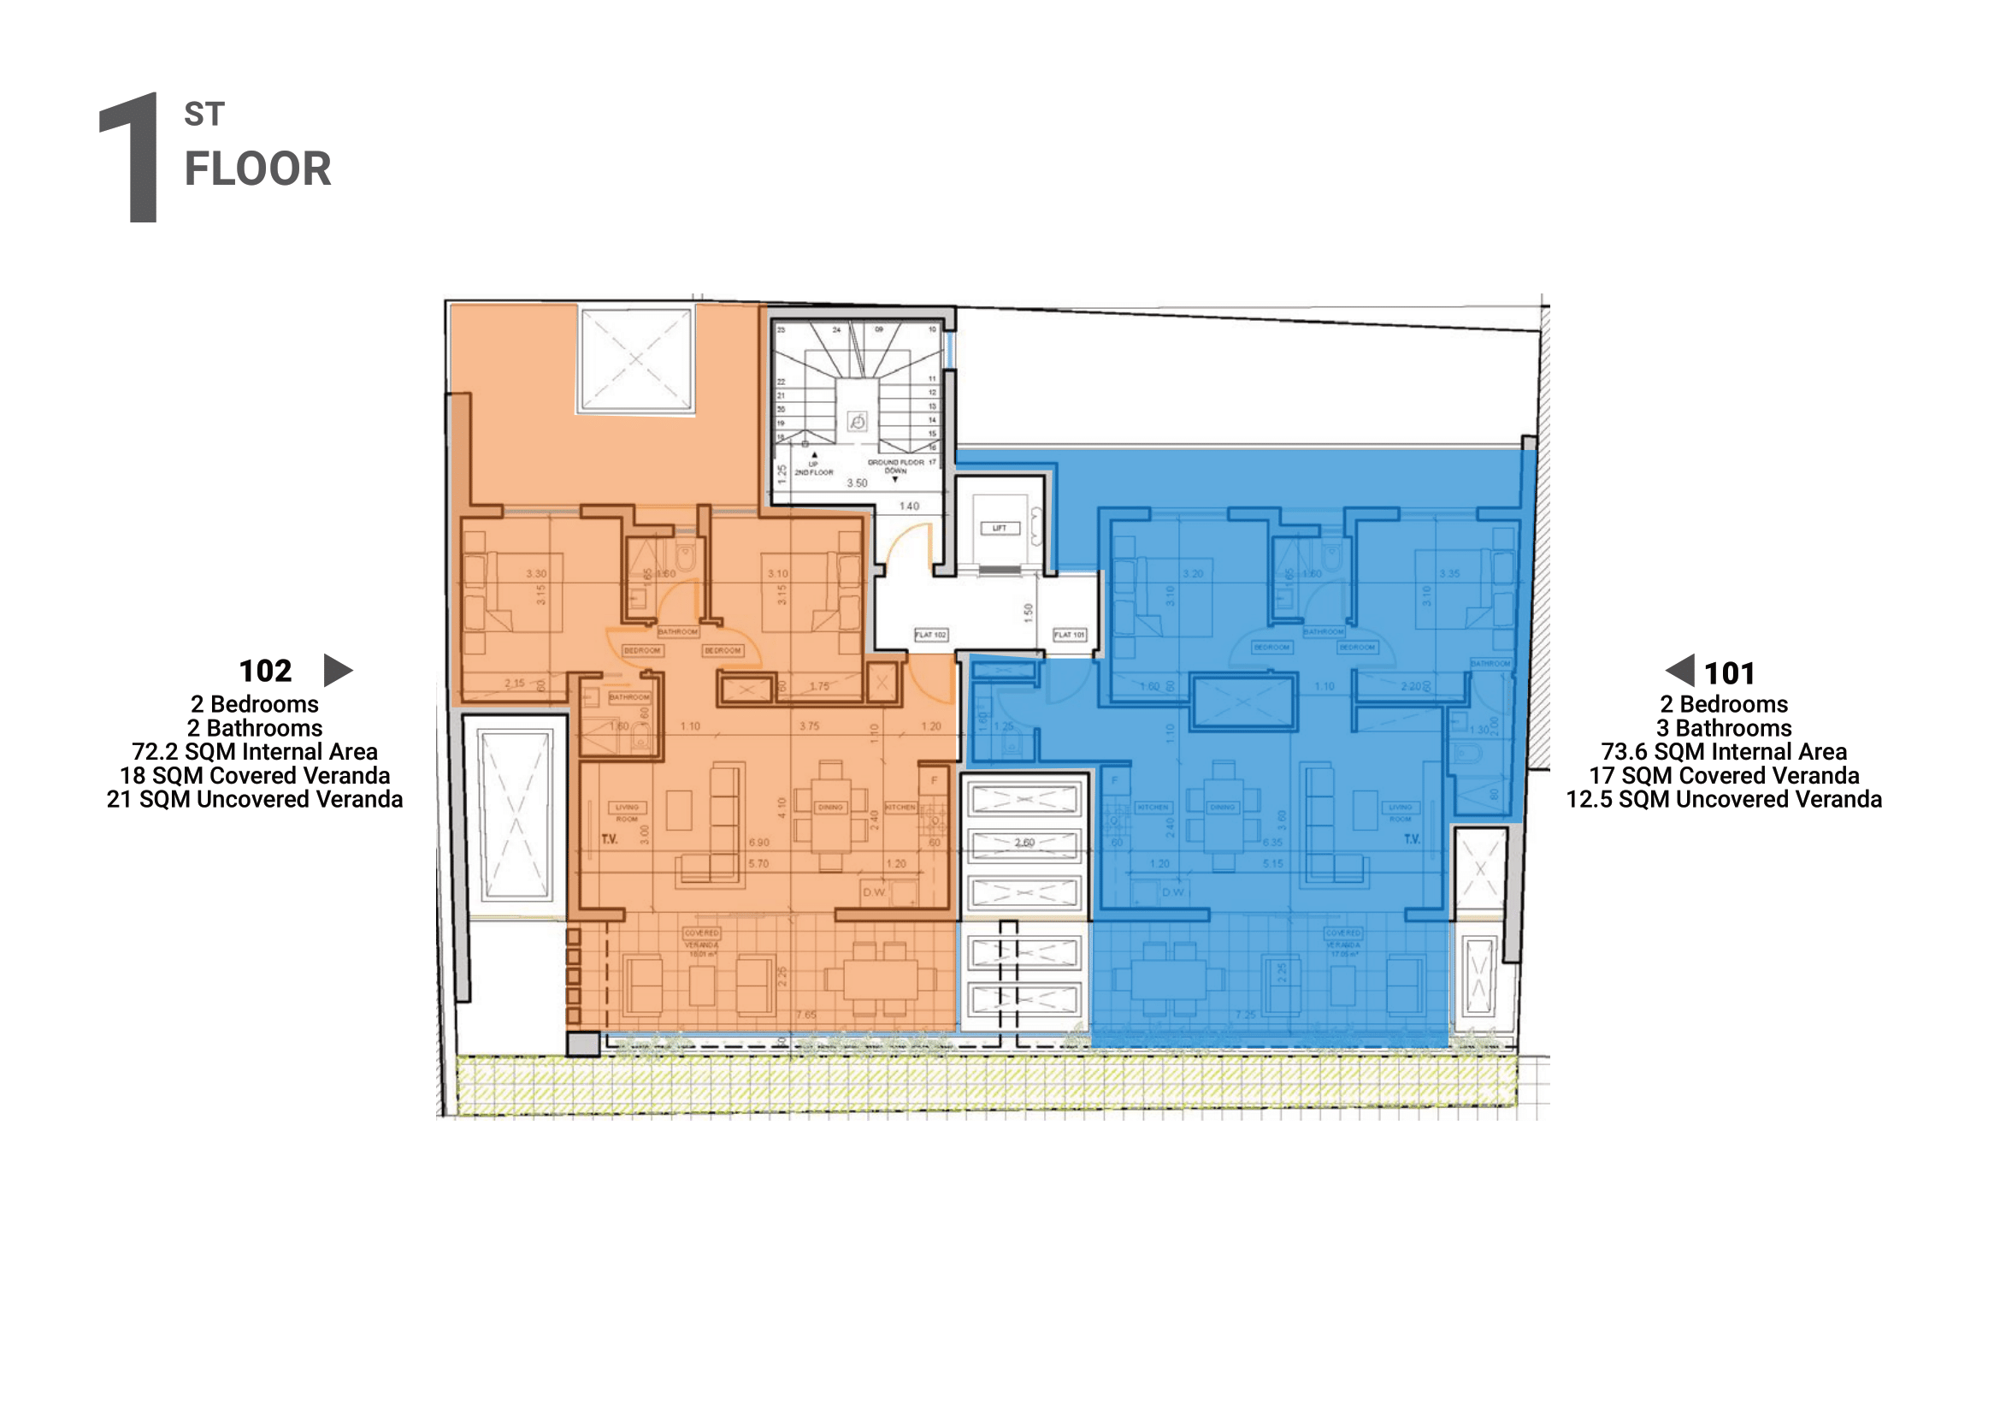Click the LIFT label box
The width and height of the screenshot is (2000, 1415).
[999, 528]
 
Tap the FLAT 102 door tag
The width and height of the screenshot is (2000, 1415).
[930, 634]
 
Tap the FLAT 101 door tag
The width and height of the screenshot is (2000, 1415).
[1069, 634]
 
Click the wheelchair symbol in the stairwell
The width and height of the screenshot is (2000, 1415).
[857, 423]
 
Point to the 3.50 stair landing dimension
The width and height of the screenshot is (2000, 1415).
[857, 483]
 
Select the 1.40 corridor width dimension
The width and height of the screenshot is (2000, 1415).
[909, 506]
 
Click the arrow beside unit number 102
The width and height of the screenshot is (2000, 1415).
[337, 670]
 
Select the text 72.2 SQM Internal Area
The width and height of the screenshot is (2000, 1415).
[254, 751]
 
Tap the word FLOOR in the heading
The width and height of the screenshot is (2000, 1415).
[258, 169]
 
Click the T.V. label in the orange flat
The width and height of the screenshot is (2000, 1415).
[610, 839]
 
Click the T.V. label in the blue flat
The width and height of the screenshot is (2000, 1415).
[1411, 839]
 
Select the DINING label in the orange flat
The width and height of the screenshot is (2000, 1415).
[830, 807]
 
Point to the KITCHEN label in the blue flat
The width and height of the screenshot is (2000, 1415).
[1152, 807]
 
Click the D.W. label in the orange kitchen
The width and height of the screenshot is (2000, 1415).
[874, 892]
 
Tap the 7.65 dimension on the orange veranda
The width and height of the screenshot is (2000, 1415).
[805, 1015]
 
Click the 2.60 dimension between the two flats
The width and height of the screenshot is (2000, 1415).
[1024, 843]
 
